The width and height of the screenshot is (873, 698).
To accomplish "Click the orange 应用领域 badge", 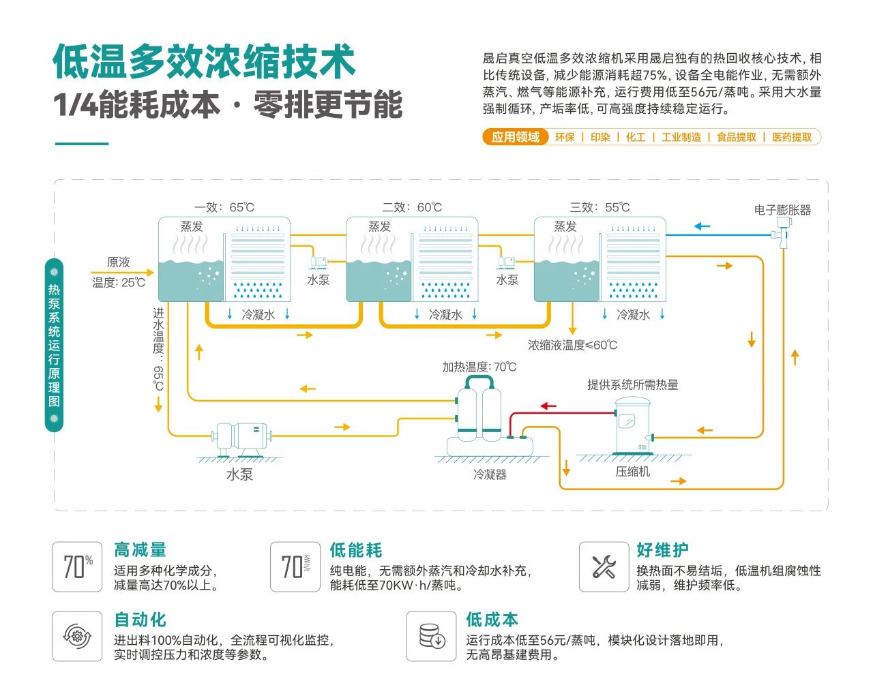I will click(515, 137).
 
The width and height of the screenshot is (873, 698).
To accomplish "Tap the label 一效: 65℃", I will click(224, 207).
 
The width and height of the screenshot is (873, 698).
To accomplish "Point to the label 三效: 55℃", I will click(600, 207).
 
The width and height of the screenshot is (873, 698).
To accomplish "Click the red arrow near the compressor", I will click(548, 406).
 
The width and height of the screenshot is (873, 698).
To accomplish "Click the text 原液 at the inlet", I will click(118, 262).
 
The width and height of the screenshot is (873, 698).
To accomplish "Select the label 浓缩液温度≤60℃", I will click(572, 346).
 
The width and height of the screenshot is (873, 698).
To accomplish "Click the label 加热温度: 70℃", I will click(479, 367).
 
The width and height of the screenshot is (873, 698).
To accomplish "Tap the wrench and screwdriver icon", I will click(604, 566).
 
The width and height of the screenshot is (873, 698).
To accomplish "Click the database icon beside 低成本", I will click(431, 636).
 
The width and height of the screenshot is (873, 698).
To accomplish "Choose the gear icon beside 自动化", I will click(77, 636).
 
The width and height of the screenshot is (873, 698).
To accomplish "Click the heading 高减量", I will click(140, 550).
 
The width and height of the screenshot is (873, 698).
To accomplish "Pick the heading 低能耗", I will click(356, 550).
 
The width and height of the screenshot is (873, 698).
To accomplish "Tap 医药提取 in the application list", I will click(792, 137).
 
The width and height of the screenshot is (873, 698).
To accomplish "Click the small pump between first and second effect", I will click(319, 261).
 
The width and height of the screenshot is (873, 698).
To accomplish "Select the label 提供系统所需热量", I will click(632, 385).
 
